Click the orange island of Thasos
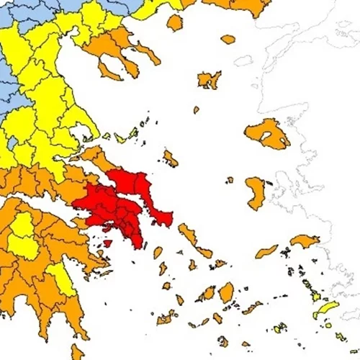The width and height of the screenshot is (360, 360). click(x=174, y=22)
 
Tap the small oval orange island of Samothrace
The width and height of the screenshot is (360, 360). click(x=228, y=40)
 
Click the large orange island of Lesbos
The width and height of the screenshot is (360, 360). click(x=266, y=133)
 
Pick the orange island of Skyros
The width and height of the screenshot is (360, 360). click(x=170, y=158)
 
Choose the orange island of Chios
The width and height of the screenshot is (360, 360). click(x=256, y=192)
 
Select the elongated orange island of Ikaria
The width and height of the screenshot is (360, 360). click(x=266, y=251)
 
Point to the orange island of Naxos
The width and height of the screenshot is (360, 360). click(x=226, y=292)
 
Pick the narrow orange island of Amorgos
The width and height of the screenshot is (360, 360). click(x=252, y=307)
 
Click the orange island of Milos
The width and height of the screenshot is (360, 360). click(x=166, y=317)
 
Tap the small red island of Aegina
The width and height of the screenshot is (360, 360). click(x=107, y=243)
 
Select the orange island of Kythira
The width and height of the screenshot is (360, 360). click(x=78, y=351)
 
